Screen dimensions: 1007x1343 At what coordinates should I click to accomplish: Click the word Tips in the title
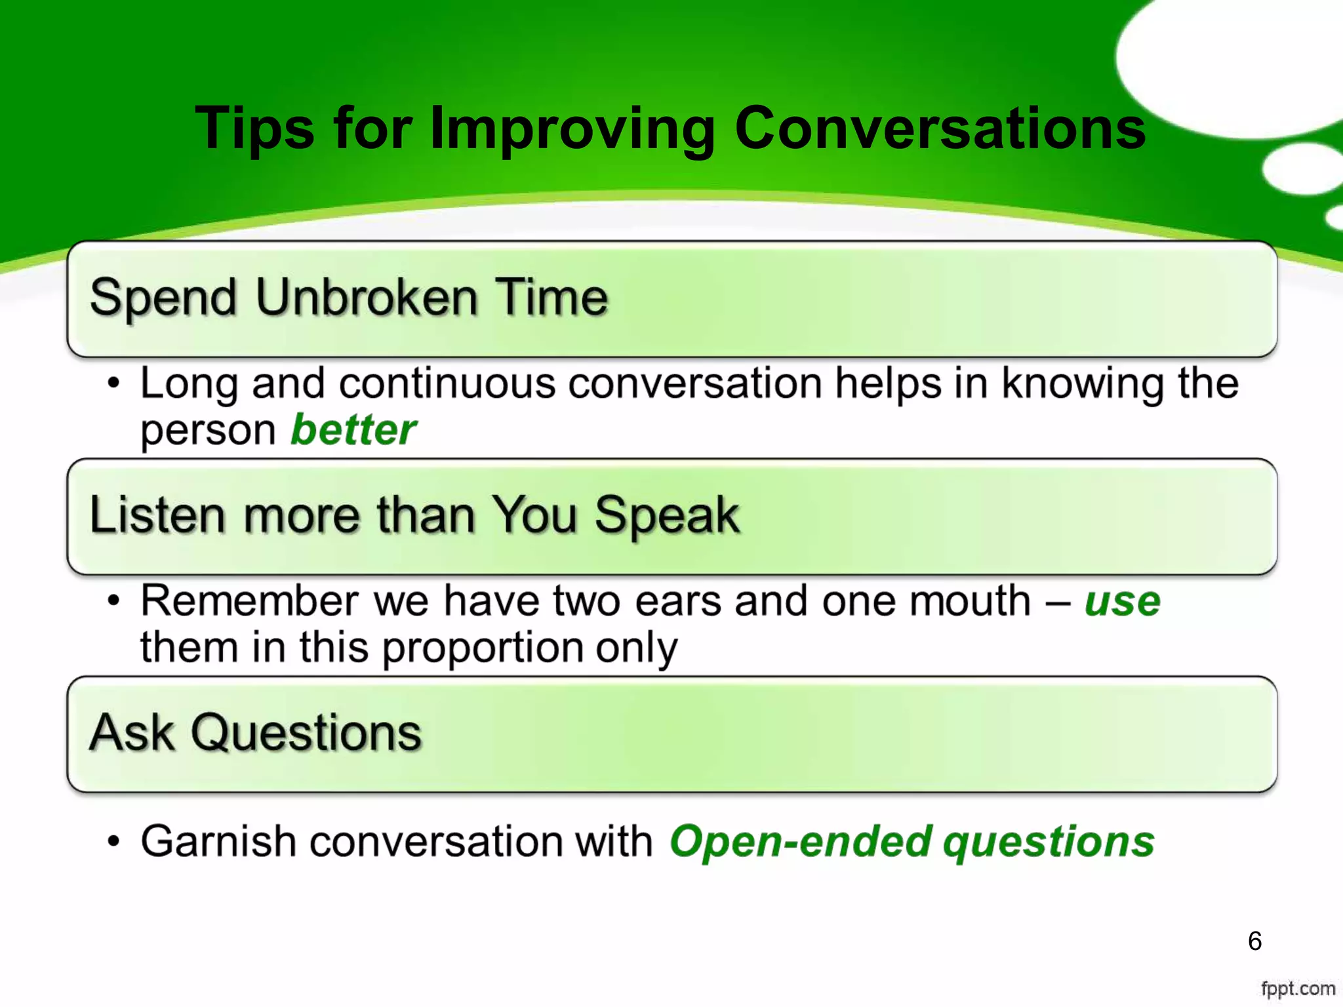click(255, 128)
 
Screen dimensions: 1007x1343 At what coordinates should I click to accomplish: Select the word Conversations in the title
click(940, 128)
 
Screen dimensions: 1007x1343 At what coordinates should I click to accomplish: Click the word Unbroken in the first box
click(367, 298)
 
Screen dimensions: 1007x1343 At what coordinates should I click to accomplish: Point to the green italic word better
click(353, 431)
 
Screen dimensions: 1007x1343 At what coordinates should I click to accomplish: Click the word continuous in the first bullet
click(447, 384)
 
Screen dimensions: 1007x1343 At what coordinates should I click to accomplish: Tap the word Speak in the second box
click(667, 517)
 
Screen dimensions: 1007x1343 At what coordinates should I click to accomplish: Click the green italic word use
click(1122, 602)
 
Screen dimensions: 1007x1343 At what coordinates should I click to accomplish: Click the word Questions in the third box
click(306, 733)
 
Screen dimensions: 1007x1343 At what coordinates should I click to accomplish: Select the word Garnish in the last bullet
click(218, 842)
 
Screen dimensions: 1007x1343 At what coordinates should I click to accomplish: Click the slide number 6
click(1254, 941)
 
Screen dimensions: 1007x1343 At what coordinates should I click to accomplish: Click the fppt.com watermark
click(1298, 989)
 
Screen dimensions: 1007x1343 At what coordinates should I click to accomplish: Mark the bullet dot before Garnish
click(114, 841)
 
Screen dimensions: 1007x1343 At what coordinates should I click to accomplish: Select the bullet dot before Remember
click(114, 601)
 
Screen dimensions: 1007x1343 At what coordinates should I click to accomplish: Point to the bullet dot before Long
click(114, 383)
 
